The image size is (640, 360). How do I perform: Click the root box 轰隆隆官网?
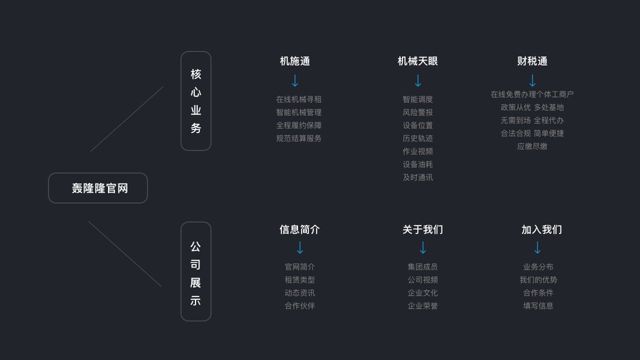click(x=98, y=188)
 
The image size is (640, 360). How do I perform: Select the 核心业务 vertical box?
click(x=196, y=101)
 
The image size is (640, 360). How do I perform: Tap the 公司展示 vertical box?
click(x=196, y=271)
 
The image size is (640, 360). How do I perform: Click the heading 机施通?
click(x=295, y=61)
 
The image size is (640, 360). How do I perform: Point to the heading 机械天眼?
click(x=417, y=61)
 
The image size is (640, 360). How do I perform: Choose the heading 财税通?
click(x=532, y=61)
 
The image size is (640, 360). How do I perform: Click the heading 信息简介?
click(x=299, y=229)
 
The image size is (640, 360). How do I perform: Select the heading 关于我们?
click(x=422, y=229)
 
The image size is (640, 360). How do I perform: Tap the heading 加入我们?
click(x=541, y=229)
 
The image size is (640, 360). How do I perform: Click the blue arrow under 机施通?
click(x=295, y=80)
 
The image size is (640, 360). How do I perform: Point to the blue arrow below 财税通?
click(x=532, y=80)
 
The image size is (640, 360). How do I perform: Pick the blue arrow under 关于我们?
click(x=422, y=247)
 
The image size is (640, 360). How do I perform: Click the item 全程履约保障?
click(x=299, y=125)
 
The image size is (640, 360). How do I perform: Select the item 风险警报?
click(x=417, y=112)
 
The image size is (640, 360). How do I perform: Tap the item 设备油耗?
click(x=417, y=164)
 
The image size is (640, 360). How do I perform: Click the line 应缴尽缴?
click(x=532, y=146)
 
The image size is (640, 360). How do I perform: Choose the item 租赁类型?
click(x=299, y=280)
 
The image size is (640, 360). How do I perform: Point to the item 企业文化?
click(x=422, y=293)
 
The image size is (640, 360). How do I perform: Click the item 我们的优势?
click(x=538, y=280)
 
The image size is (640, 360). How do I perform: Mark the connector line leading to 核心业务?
click(x=127, y=119)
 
